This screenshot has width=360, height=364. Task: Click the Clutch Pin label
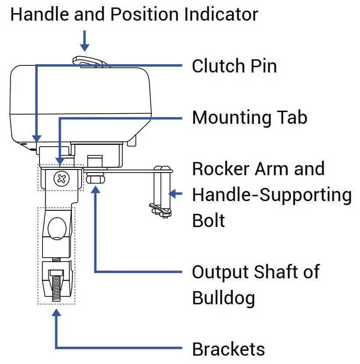click(234, 66)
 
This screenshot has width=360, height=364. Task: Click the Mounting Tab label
click(250, 118)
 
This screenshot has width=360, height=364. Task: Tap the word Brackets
click(228, 350)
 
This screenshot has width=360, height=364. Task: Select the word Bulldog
click(224, 298)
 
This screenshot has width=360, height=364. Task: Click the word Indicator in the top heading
click(221, 14)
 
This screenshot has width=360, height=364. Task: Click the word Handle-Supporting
click(272, 195)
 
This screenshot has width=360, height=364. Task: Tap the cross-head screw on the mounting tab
click(61, 179)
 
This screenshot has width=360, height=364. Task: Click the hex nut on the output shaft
click(95, 179)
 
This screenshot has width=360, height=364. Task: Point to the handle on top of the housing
click(91, 61)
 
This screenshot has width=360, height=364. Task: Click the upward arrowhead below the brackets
click(56, 313)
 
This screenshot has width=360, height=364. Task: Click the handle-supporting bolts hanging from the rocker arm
click(163, 191)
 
